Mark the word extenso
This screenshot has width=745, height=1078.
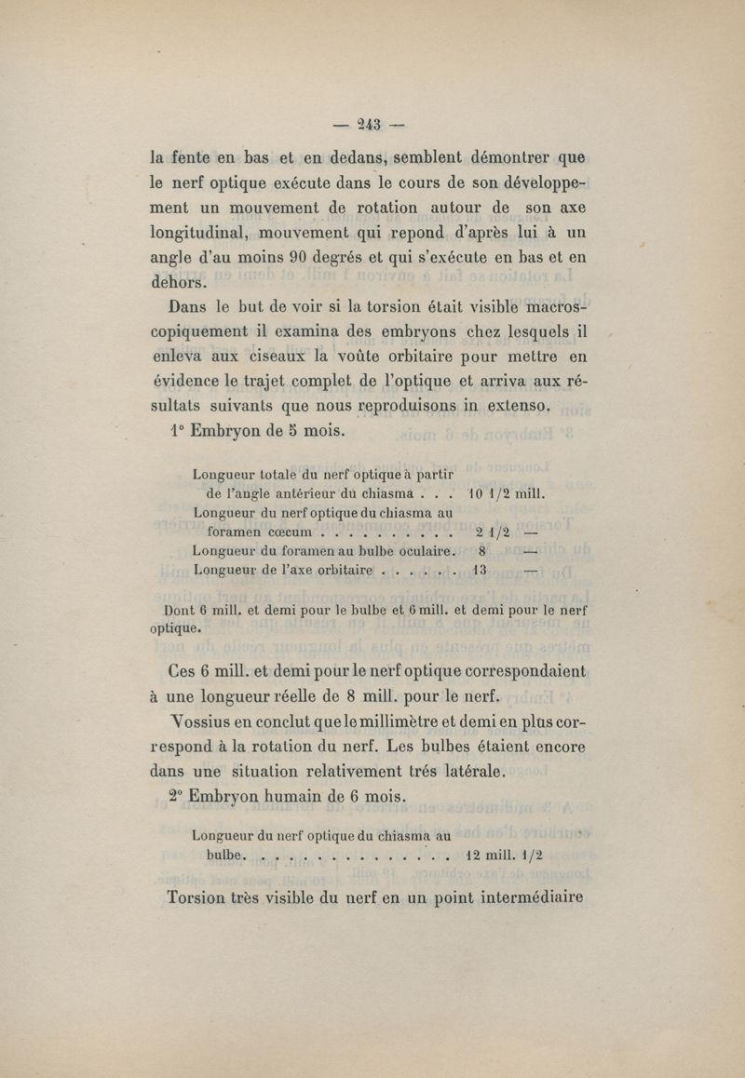(x=514, y=405)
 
